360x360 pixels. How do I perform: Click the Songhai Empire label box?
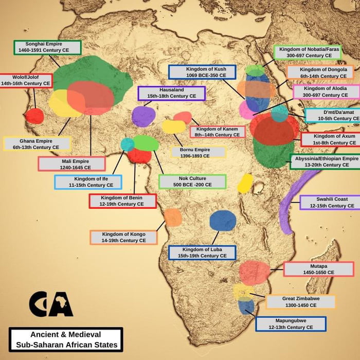pyautogui.click(x=47, y=48)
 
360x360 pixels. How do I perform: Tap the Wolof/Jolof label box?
pyautogui.click(x=25, y=81)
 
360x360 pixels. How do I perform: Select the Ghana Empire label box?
pyautogui.click(x=37, y=143)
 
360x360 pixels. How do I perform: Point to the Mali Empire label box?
pyautogui.click(x=71, y=164)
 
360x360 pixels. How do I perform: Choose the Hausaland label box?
pyautogui.click(x=171, y=93)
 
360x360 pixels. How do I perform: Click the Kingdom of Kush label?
pyautogui.click(x=202, y=72)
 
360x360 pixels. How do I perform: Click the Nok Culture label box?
pyautogui.click(x=192, y=182)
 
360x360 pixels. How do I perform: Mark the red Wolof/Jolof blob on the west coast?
pyautogui.click(x=34, y=116)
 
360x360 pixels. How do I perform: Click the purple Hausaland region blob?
pyautogui.click(x=143, y=117)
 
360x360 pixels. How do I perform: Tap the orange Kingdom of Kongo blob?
pyautogui.click(x=173, y=217)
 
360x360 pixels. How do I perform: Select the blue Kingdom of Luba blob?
pyautogui.click(x=223, y=221)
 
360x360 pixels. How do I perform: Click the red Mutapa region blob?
pyautogui.click(x=254, y=273)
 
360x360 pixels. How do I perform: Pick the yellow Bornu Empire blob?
pyautogui.click(x=174, y=127)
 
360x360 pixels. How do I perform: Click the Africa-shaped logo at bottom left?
pyautogui.click(x=51, y=304)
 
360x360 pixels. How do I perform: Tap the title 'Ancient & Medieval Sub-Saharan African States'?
pyautogui.click(x=66, y=339)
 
